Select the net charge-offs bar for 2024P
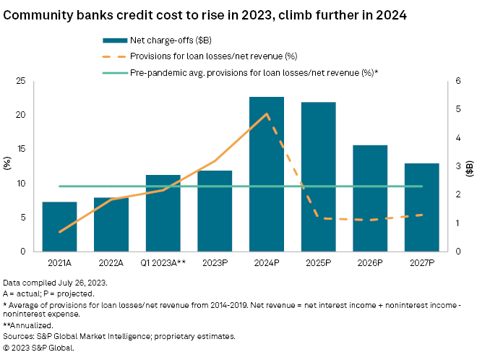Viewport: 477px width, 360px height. coord(267,173)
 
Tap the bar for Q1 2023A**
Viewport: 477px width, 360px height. coord(163,213)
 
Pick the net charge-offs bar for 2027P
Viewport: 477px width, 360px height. coord(421,207)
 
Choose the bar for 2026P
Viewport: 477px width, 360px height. coord(370,198)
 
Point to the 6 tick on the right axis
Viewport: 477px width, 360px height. coord(457,82)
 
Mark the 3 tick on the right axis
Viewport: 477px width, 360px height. coord(457,166)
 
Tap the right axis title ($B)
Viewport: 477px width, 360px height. coord(470,166)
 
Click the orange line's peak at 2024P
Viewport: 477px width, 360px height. coord(267,113)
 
